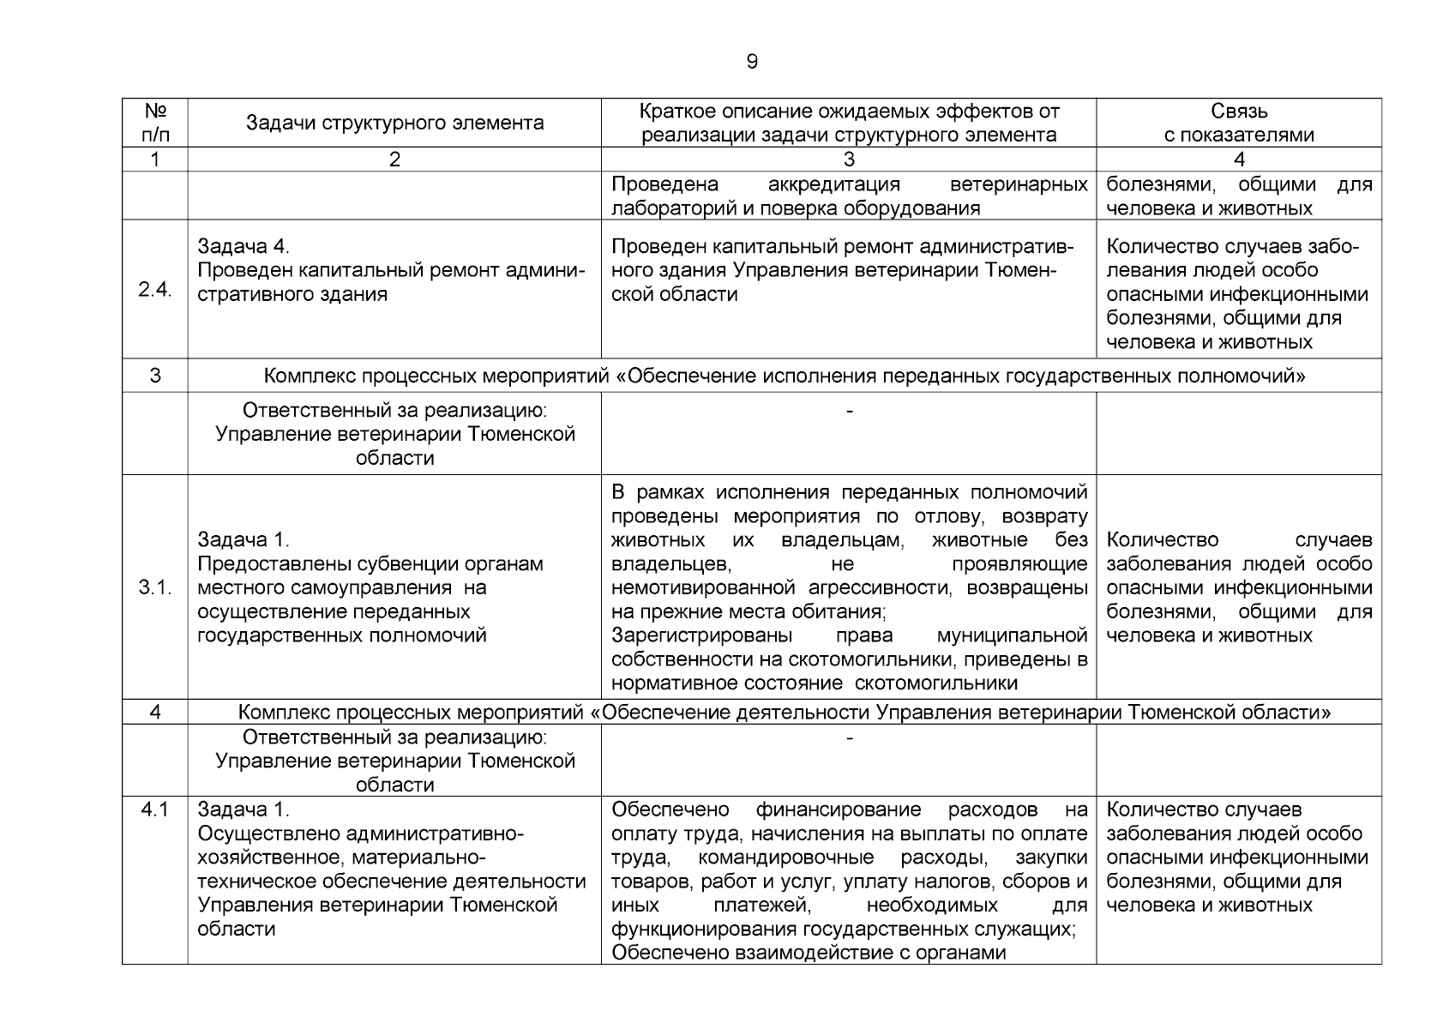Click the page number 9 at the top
point(752,62)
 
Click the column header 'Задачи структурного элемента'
point(394,123)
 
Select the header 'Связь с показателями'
point(1239,123)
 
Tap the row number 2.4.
point(155,289)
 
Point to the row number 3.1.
point(155,587)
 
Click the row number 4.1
point(155,809)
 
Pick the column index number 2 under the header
point(394,159)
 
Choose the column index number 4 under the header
point(1239,159)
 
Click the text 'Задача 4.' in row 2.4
point(244,247)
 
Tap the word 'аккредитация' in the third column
point(833,184)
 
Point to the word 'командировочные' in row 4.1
point(786,857)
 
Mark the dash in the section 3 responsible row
point(849,412)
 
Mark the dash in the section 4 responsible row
point(849,737)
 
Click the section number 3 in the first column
point(155,376)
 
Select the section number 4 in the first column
point(155,712)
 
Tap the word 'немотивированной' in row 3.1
point(704,588)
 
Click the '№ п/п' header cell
point(155,123)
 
